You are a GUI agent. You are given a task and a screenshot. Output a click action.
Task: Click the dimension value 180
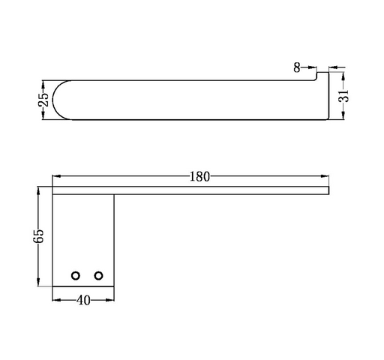click(199, 176)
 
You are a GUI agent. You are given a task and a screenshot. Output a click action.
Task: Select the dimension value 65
click(38, 235)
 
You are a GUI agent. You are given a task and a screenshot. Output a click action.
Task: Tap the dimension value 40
click(83, 300)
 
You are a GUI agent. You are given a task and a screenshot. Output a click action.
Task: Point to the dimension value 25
click(43, 100)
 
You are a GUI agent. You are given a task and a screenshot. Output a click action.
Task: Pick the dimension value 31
click(343, 95)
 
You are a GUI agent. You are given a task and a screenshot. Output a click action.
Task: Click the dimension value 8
click(297, 67)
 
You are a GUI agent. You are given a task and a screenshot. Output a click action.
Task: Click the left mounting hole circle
click(76, 276)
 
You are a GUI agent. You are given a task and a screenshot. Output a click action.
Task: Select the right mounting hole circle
click(98, 276)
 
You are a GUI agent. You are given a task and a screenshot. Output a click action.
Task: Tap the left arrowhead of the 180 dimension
click(56, 176)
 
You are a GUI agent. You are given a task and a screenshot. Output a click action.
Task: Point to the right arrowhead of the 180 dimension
click(325, 176)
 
